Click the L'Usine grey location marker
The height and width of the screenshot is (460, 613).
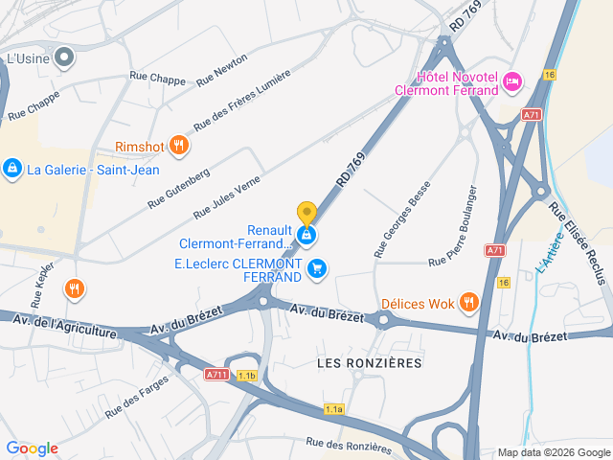[65, 58]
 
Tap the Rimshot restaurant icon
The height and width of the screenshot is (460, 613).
[179, 146]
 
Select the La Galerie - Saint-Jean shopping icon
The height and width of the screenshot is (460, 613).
[11, 170]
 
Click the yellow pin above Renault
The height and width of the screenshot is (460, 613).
[306, 213]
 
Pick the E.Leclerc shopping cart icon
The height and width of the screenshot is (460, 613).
[318, 269]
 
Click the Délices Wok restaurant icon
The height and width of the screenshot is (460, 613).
[468, 304]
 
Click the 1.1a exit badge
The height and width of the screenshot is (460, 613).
[333, 409]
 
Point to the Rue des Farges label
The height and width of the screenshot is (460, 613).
[137, 396]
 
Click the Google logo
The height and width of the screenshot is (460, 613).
[32, 448]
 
